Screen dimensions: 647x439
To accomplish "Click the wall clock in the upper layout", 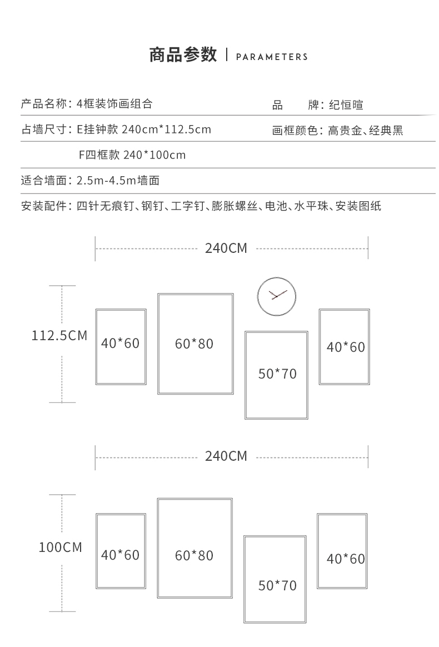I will click(x=276, y=296).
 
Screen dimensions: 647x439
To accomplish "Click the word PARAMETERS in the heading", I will click(x=272, y=57).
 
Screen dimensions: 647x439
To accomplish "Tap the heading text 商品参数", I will click(x=183, y=56).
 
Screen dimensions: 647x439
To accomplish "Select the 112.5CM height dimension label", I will click(x=59, y=336).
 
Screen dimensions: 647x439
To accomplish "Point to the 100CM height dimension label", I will click(x=60, y=548).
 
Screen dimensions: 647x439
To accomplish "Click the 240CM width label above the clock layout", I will click(x=226, y=248).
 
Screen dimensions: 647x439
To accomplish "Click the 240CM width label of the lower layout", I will click(x=226, y=456).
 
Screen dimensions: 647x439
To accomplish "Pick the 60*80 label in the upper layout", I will click(x=194, y=344).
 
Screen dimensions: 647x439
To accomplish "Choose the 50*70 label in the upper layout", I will click(x=277, y=374).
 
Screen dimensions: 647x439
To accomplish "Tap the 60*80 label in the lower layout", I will click(x=194, y=555).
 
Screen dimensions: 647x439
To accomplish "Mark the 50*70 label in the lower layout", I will click(x=277, y=585).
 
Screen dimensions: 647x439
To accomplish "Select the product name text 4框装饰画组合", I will click(x=114, y=104).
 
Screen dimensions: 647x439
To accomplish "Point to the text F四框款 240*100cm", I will click(x=132, y=155).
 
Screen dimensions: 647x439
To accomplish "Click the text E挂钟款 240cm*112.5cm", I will click(x=144, y=130).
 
